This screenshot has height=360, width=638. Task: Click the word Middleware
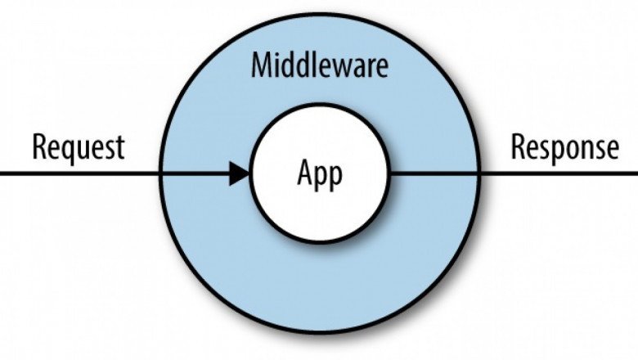click(320, 65)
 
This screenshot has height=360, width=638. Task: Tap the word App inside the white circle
click(320, 175)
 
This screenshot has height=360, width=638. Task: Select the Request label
click(79, 149)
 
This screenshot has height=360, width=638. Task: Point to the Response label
click(564, 149)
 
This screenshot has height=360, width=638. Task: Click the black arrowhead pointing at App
click(239, 173)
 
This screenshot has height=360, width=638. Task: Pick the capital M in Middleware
click(261, 65)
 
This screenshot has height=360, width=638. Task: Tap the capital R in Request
click(39, 146)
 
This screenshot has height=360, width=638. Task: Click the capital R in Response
click(518, 146)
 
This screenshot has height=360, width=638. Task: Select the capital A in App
click(305, 172)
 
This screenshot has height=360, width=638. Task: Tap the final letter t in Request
click(120, 149)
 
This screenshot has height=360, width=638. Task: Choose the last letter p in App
click(336, 179)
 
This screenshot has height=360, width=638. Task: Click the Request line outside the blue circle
click(80, 173)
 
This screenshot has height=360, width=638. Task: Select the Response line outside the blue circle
click(559, 173)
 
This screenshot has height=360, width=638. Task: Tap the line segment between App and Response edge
click(434, 173)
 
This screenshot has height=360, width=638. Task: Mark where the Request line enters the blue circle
click(160, 173)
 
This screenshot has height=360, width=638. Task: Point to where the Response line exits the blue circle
click(479, 173)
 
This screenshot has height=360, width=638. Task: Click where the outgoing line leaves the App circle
click(389, 173)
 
